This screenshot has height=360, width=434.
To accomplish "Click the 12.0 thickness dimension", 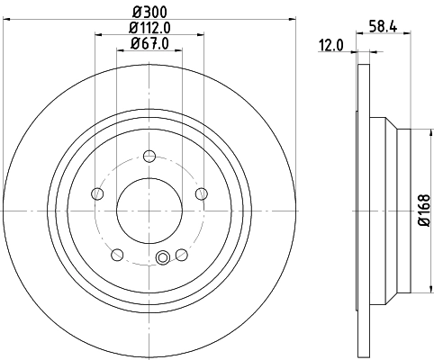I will pos(332,45).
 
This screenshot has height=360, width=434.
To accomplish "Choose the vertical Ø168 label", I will pos(423,213).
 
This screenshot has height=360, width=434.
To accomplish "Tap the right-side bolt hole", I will pos(200,193).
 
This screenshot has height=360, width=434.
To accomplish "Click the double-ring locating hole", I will pos(163,260).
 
